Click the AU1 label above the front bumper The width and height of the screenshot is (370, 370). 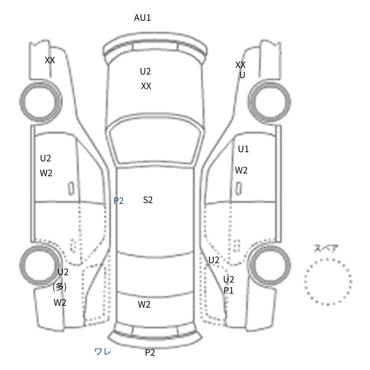pos(142,18)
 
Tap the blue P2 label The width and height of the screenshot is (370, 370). pos(118,201)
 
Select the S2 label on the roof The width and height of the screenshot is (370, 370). pos(148,200)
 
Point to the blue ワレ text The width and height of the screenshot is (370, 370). pos(103,351)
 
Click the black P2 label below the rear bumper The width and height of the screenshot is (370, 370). pos(150,352)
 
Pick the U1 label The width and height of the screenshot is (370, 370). pos(243,149)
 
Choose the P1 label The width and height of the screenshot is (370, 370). pos(228,290)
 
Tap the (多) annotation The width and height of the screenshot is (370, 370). pos(60,287)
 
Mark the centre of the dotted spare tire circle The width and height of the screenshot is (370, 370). pos(328,282)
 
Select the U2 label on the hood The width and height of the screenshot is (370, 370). pos(145,71)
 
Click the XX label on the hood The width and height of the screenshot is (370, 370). pos(146,86)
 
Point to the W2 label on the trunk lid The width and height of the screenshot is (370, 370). pos(144,304)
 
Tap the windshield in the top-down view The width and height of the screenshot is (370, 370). pos(155,141)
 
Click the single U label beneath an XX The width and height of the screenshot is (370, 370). pos(242,75)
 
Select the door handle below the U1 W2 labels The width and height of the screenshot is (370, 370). pos(239,188)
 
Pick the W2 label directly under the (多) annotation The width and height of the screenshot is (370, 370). pos(60,302)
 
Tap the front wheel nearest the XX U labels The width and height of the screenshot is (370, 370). pos(270,102)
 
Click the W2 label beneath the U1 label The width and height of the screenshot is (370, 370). pos(241,170)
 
